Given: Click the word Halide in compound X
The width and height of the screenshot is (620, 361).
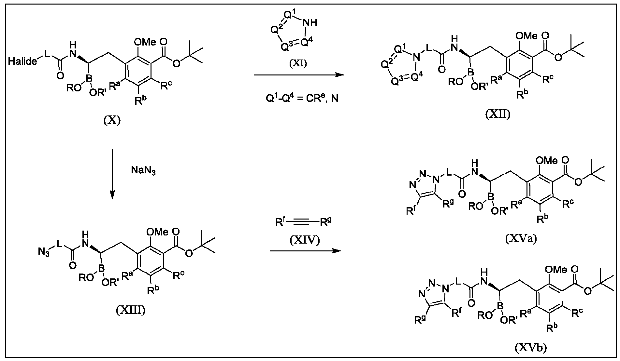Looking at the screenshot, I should [x=22, y=61].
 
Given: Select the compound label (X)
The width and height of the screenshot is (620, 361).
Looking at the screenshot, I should [x=112, y=121].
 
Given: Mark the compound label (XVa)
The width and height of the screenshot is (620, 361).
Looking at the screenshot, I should [x=521, y=239].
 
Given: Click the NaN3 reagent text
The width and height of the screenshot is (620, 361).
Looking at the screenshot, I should [x=143, y=170].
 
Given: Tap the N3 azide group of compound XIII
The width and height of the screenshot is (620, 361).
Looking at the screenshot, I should [x=44, y=252].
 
